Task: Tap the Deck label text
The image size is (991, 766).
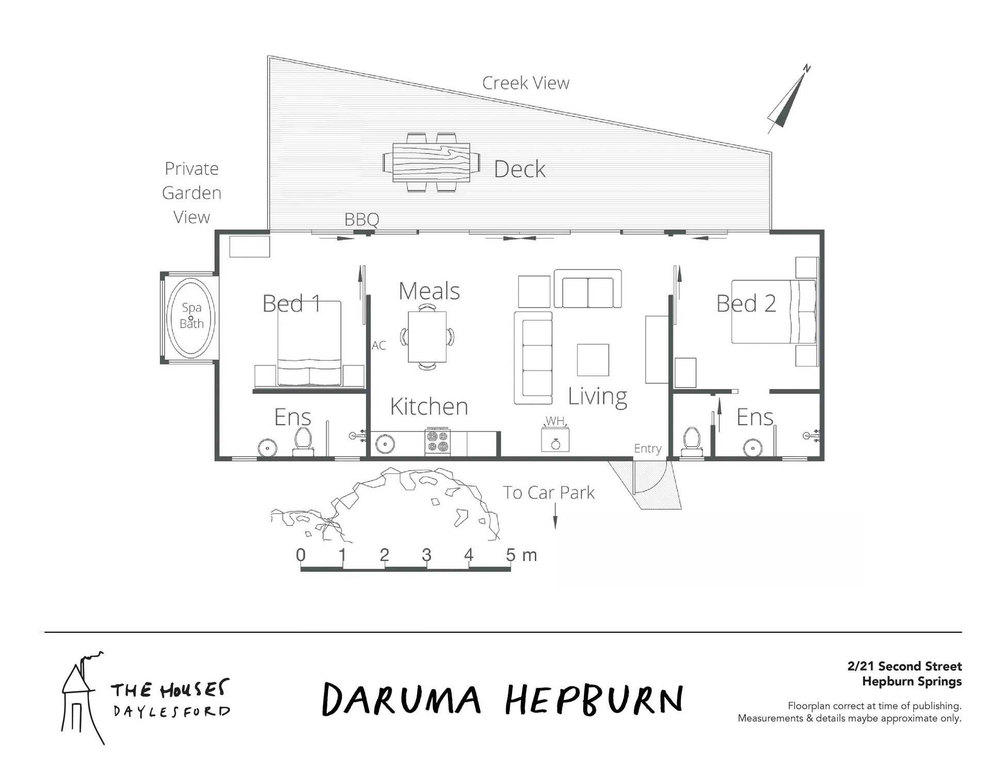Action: pos(519,169)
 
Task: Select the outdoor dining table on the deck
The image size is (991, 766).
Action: pos(431,162)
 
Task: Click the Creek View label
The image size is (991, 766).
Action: pos(525,83)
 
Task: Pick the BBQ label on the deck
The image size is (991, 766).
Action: pos(362,219)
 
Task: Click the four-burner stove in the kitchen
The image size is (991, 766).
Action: pos(438,441)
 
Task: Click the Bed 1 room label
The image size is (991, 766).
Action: pos(292,303)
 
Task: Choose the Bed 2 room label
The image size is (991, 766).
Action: pos(746,303)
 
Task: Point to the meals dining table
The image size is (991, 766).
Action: pos(427,337)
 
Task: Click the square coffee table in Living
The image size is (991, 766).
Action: pos(593,360)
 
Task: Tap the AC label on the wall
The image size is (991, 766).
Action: pos(378,345)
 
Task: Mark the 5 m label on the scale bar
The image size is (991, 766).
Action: pos(521,555)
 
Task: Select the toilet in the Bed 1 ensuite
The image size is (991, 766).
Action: pos(303,442)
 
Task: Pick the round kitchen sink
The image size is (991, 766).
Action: pos(383,443)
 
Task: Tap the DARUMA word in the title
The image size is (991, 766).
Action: pos(402,699)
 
